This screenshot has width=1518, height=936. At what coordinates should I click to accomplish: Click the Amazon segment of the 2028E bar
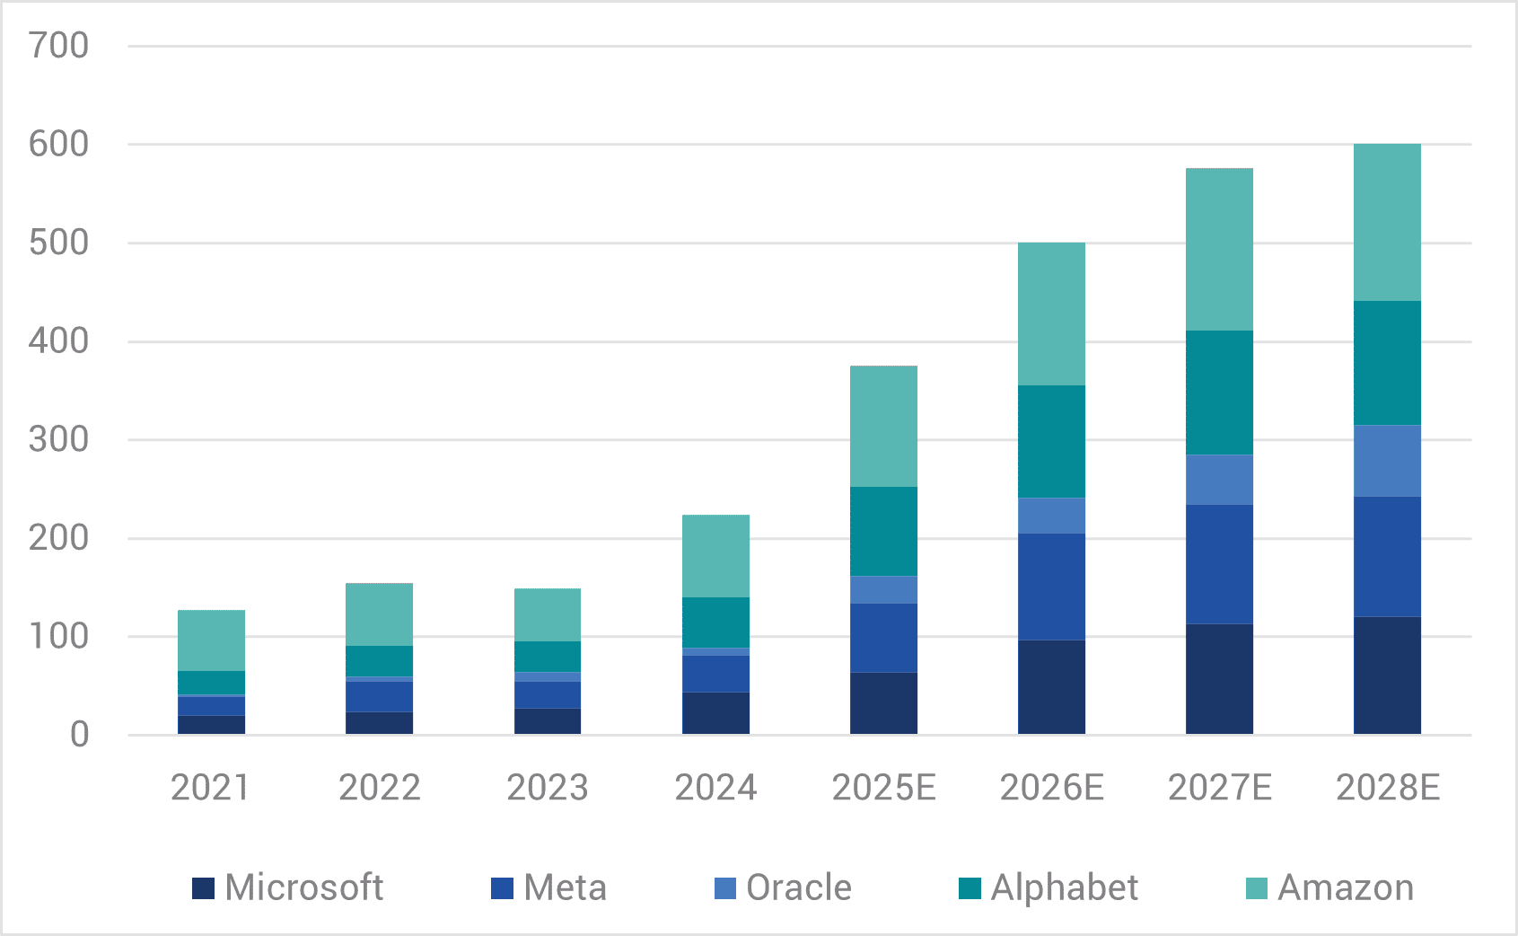click(1387, 223)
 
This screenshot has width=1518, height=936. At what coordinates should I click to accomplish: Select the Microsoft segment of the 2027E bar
click(1219, 679)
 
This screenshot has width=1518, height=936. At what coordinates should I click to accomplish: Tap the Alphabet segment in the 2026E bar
click(1051, 442)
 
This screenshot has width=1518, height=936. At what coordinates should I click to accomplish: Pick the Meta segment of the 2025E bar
click(883, 638)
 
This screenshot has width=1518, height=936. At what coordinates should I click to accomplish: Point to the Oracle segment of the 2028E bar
click(1387, 461)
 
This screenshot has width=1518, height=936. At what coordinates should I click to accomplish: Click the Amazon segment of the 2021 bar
click(212, 641)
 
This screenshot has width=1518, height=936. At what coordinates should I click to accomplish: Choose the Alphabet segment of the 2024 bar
click(715, 623)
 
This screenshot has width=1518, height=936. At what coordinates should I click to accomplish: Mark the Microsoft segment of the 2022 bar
click(380, 723)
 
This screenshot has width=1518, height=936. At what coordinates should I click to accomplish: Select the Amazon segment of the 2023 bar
click(548, 615)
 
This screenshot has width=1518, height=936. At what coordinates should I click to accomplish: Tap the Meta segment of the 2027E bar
click(1219, 564)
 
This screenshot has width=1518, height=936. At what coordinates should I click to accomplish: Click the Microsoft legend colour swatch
click(203, 888)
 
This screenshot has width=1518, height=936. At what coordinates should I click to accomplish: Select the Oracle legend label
click(799, 887)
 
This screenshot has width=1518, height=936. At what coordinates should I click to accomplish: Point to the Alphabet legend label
click(1065, 887)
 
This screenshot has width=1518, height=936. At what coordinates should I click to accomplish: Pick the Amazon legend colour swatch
click(1257, 888)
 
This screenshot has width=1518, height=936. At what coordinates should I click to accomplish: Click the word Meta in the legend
click(566, 887)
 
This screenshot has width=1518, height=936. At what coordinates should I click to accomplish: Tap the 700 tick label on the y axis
click(59, 46)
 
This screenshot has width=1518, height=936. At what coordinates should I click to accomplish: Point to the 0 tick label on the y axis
click(80, 735)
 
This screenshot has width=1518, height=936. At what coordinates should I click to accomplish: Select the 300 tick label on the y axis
click(59, 440)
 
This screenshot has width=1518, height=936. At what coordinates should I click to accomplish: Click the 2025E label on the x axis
click(883, 788)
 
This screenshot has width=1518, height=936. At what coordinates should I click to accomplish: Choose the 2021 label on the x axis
click(211, 788)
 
